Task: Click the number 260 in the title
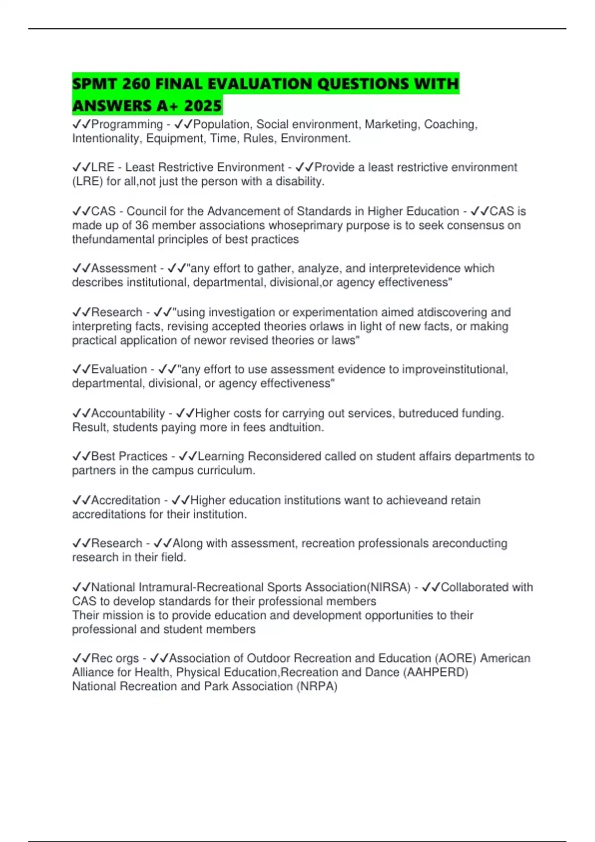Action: (x=136, y=84)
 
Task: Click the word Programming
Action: (x=127, y=124)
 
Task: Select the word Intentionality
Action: (x=107, y=138)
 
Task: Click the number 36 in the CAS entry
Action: (x=142, y=225)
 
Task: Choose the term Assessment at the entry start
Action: (x=124, y=268)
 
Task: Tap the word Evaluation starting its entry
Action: (x=119, y=369)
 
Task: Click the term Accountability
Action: (x=128, y=413)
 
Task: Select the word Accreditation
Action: (x=126, y=500)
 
